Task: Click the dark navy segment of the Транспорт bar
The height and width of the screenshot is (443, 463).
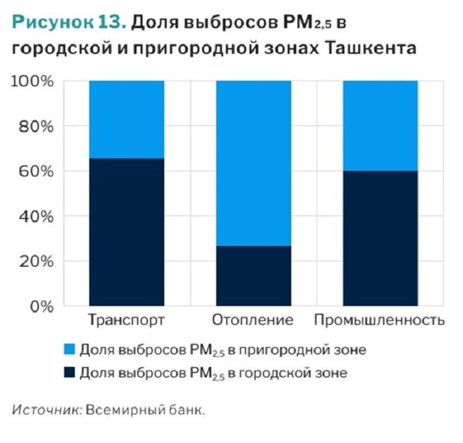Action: pos(126,232)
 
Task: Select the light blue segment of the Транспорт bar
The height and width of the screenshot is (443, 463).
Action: pos(126,119)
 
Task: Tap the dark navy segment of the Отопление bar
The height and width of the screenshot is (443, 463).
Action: pos(253,275)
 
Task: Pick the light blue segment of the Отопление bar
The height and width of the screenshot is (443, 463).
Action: pos(253,163)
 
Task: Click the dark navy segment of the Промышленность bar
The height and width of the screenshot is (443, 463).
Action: pos(380,238)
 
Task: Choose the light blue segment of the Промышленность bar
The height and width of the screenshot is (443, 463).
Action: pos(380,126)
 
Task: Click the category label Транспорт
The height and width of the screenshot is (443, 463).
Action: pos(126,321)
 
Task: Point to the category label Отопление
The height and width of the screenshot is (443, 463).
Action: pos(253,321)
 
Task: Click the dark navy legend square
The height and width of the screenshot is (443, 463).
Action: pos(69,373)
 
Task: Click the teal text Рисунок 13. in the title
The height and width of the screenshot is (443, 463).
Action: pos(69,23)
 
